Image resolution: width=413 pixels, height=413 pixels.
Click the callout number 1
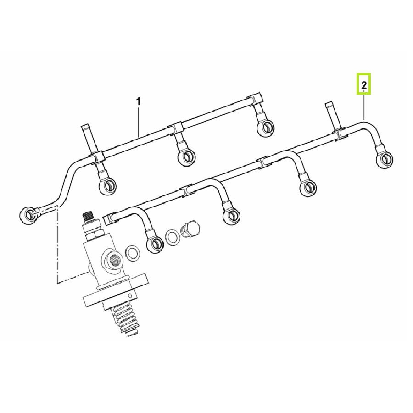point(138,101)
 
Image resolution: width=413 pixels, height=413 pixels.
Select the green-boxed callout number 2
point(364,84)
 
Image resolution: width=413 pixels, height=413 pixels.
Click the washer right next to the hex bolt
point(173,237)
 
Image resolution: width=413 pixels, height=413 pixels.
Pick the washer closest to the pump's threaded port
point(133,253)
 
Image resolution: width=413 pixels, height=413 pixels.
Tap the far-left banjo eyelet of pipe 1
point(28,216)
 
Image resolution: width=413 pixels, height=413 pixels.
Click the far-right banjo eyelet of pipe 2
point(385,159)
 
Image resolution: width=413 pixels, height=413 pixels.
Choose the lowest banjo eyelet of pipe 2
point(155,244)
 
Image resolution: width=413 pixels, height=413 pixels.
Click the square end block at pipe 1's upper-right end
point(256,100)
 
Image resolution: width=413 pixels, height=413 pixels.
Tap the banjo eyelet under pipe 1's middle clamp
point(186,157)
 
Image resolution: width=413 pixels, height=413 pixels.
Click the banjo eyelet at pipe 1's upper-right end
point(265,128)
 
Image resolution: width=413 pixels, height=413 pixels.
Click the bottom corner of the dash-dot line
point(57,283)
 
